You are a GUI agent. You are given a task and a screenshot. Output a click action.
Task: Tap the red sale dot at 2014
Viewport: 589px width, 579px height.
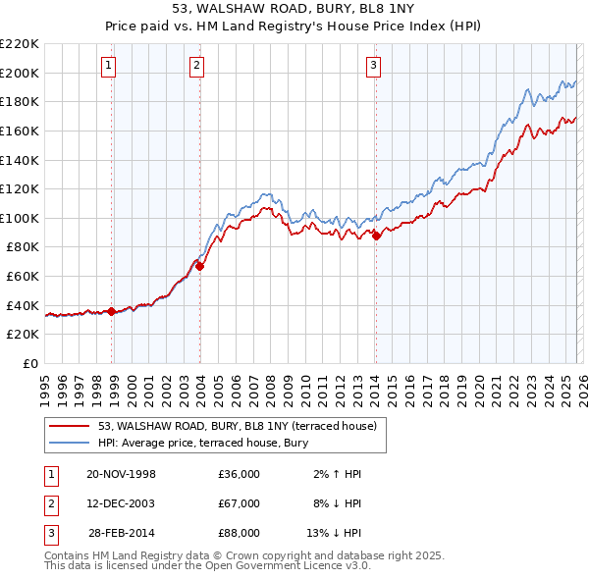pyautogui.click(x=377, y=236)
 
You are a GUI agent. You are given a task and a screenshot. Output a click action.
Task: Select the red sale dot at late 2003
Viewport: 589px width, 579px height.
pyautogui.click(x=199, y=266)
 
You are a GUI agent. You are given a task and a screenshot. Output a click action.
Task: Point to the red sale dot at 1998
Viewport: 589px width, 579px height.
pyautogui.click(x=112, y=311)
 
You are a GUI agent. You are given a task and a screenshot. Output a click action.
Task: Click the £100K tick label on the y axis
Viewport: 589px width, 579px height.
pyautogui.click(x=20, y=218)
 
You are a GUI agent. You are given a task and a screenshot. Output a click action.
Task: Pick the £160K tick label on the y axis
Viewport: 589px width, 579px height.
pyautogui.click(x=20, y=131)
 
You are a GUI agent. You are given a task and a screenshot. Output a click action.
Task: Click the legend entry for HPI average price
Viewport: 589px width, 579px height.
pyautogui.click(x=203, y=443)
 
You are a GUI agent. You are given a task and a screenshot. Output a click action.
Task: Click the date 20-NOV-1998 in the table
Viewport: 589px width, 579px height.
pyautogui.click(x=121, y=474)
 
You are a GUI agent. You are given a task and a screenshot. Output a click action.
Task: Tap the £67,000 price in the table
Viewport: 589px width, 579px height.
pyautogui.click(x=240, y=503)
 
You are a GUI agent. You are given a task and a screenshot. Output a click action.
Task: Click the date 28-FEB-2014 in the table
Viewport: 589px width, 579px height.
pyautogui.click(x=121, y=533)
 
